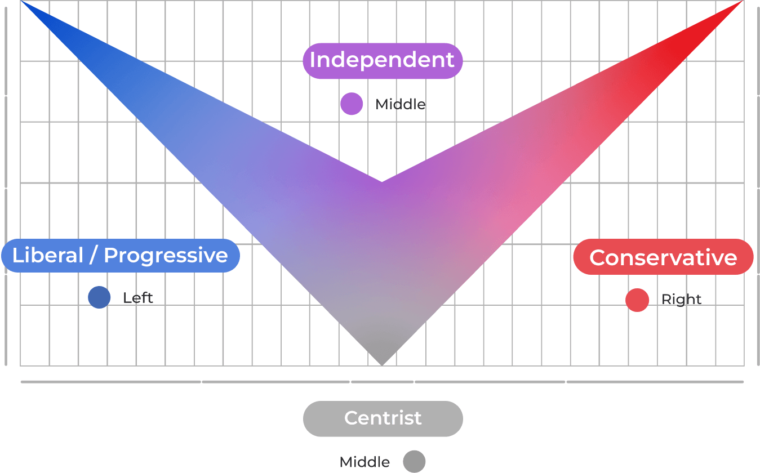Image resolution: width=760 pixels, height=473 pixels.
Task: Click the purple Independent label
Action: point(383,60)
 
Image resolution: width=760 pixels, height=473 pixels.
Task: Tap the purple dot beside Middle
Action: point(352,104)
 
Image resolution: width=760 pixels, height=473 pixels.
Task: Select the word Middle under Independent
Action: point(400,104)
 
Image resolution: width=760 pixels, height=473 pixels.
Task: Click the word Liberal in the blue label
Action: point(48,256)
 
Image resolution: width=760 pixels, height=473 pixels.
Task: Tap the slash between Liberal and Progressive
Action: point(94,256)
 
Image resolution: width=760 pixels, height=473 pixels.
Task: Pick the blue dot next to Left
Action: point(99,297)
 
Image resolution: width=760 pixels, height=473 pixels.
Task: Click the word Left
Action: point(138,297)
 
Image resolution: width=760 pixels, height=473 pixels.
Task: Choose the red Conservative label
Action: point(663,257)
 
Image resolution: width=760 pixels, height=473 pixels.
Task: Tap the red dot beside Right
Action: point(637,300)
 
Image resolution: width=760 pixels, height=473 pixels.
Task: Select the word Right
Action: point(681,300)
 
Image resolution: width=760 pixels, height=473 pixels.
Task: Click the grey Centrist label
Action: point(383,418)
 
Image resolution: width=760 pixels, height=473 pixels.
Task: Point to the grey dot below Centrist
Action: point(414,461)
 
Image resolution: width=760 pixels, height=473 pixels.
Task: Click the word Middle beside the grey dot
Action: point(365,462)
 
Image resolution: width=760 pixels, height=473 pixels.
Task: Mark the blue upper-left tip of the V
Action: point(25,4)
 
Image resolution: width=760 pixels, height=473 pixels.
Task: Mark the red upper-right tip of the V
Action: point(738,5)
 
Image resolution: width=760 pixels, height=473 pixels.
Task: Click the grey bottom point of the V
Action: point(382,362)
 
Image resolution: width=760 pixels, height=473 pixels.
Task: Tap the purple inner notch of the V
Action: point(382,184)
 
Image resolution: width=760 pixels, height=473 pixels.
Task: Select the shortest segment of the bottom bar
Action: point(382,382)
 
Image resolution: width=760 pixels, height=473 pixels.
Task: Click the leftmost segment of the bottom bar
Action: point(110,382)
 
